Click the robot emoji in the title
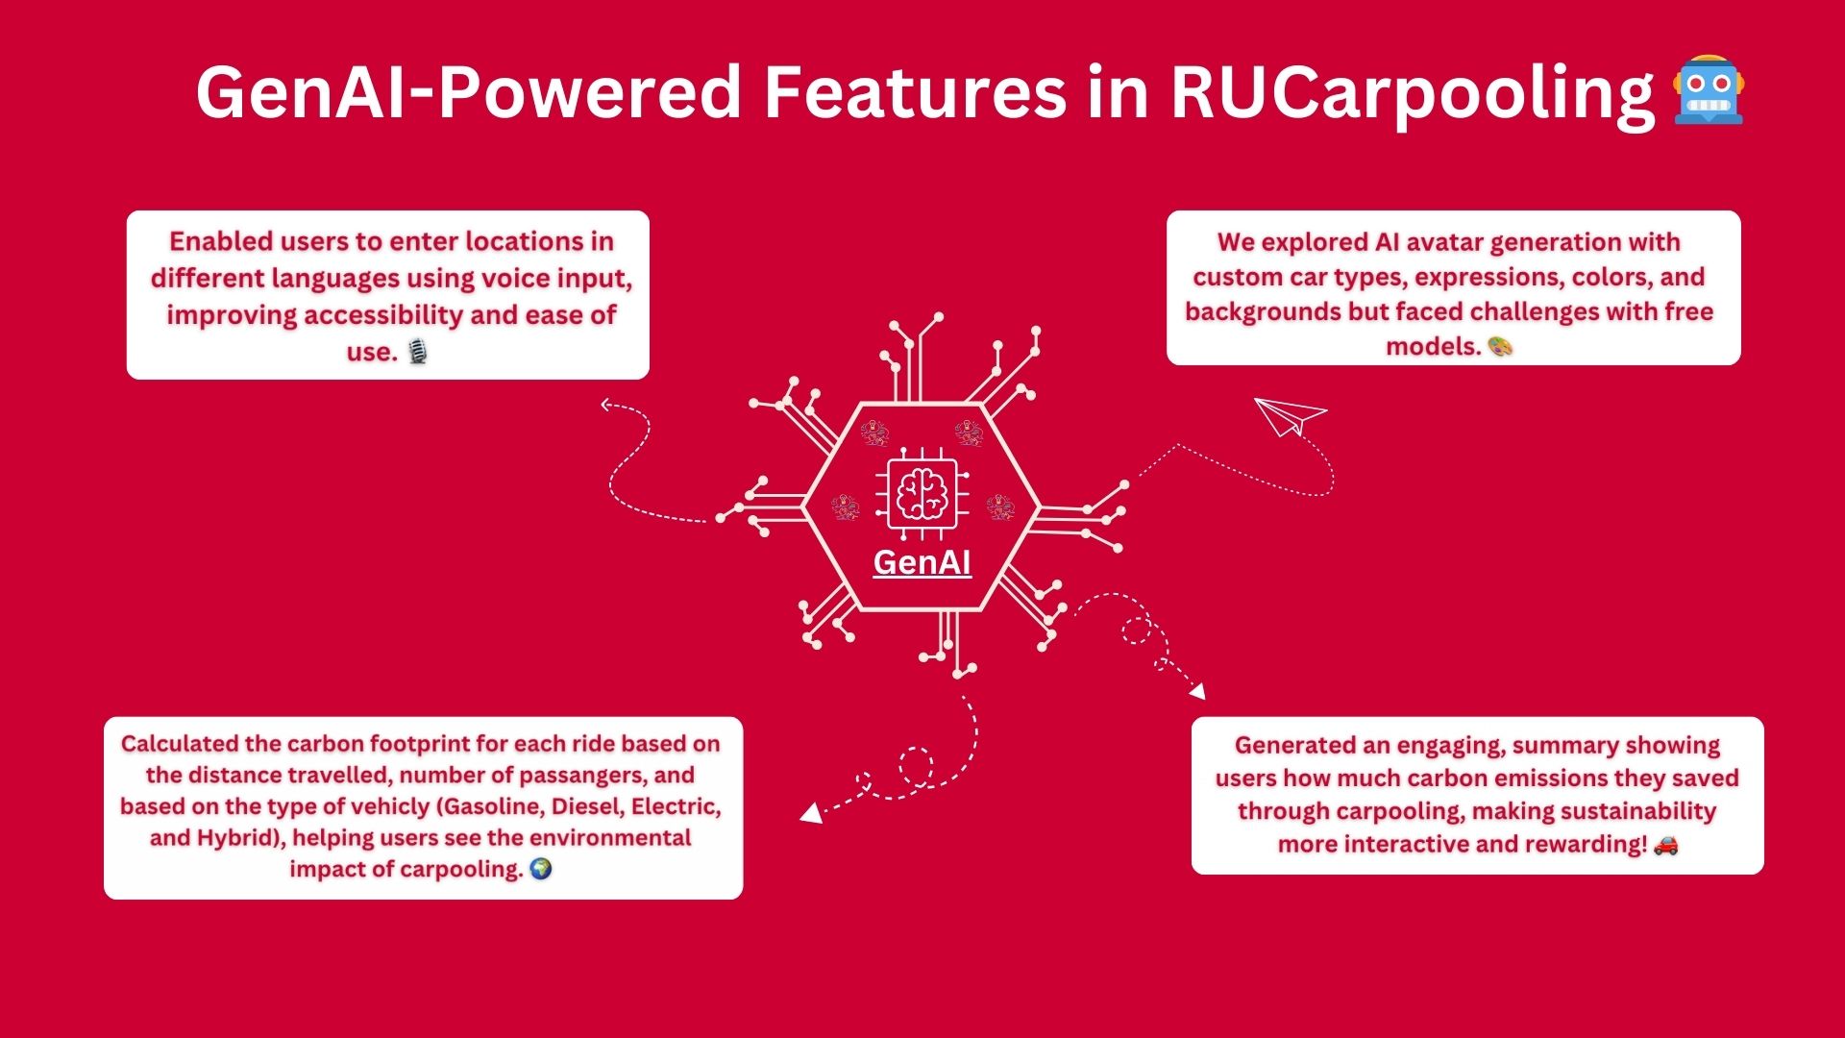pos(1709,91)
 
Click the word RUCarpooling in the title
pos(1413,93)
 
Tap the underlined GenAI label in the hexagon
pos(922,562)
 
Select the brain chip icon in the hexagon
pos(922,494)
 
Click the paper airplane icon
pos(1289,415)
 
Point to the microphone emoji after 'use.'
pos(417,352)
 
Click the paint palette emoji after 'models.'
pos(1500,346)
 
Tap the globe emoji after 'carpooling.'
pos(541,869)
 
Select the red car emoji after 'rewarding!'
pos(1666,844)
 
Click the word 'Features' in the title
pos(914,93)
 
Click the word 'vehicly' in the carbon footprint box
pos(390,806)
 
